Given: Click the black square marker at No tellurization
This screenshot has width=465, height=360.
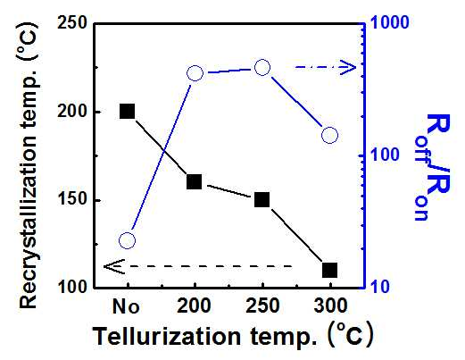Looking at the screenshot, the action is coord(127,112).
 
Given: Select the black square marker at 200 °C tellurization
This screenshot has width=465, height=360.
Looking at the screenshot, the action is coord(194,181).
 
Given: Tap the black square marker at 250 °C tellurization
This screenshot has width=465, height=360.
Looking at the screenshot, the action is coord(262,199).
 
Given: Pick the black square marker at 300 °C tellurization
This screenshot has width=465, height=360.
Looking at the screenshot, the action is coord(330,270).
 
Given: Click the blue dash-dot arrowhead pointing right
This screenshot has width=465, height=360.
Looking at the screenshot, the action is coord(348,67).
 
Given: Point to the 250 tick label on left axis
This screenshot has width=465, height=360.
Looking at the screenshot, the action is coord(71,23).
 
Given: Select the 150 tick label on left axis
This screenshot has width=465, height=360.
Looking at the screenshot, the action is coord(71,200).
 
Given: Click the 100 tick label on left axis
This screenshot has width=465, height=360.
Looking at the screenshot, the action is coord(71,288).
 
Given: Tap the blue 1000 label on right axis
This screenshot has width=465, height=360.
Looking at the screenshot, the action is coord(389,22).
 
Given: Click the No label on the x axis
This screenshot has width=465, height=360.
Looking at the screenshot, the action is coord(126,306).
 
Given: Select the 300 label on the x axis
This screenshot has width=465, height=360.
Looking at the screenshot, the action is coord(330,306).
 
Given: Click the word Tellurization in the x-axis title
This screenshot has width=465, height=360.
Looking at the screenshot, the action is coord(166,336).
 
